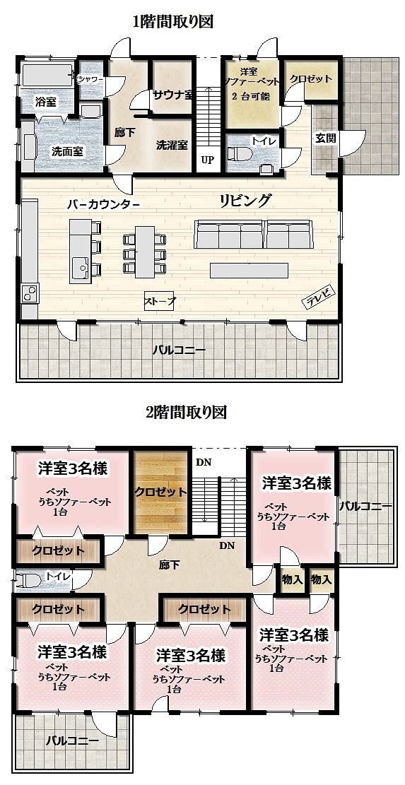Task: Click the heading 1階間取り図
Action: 173,21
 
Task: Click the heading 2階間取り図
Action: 186,412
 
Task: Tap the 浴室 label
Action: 45,102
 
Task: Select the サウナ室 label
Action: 173,94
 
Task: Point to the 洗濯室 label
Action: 172,145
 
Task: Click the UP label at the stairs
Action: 207,160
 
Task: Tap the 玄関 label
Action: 324,138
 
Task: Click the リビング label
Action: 245,200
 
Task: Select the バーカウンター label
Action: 102,204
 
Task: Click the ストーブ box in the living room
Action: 160,301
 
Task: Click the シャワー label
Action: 91,80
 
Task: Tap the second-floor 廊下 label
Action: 169,565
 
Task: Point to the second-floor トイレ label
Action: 56,577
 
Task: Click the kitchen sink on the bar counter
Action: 80,266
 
